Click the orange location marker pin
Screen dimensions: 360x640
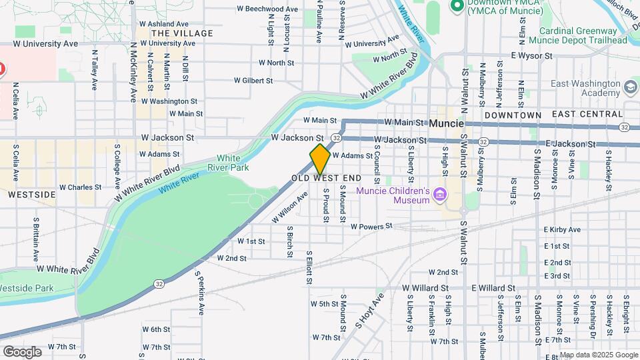[x=320, y=159]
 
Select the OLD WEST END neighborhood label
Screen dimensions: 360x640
[x=326, y=179]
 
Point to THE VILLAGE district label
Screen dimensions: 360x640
[x=182, y=33]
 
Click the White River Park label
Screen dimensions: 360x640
[x=224, y=163]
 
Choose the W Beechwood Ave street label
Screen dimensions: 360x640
[x=267, y=9]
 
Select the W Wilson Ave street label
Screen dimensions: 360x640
[x=289, y=208]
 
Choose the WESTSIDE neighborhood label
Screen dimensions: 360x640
[x=31, y=195]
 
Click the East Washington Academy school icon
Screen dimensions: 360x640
[x=630, y=87]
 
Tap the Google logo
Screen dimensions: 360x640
[x=22, y=351]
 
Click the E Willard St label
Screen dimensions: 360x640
[x=493, y=288]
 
